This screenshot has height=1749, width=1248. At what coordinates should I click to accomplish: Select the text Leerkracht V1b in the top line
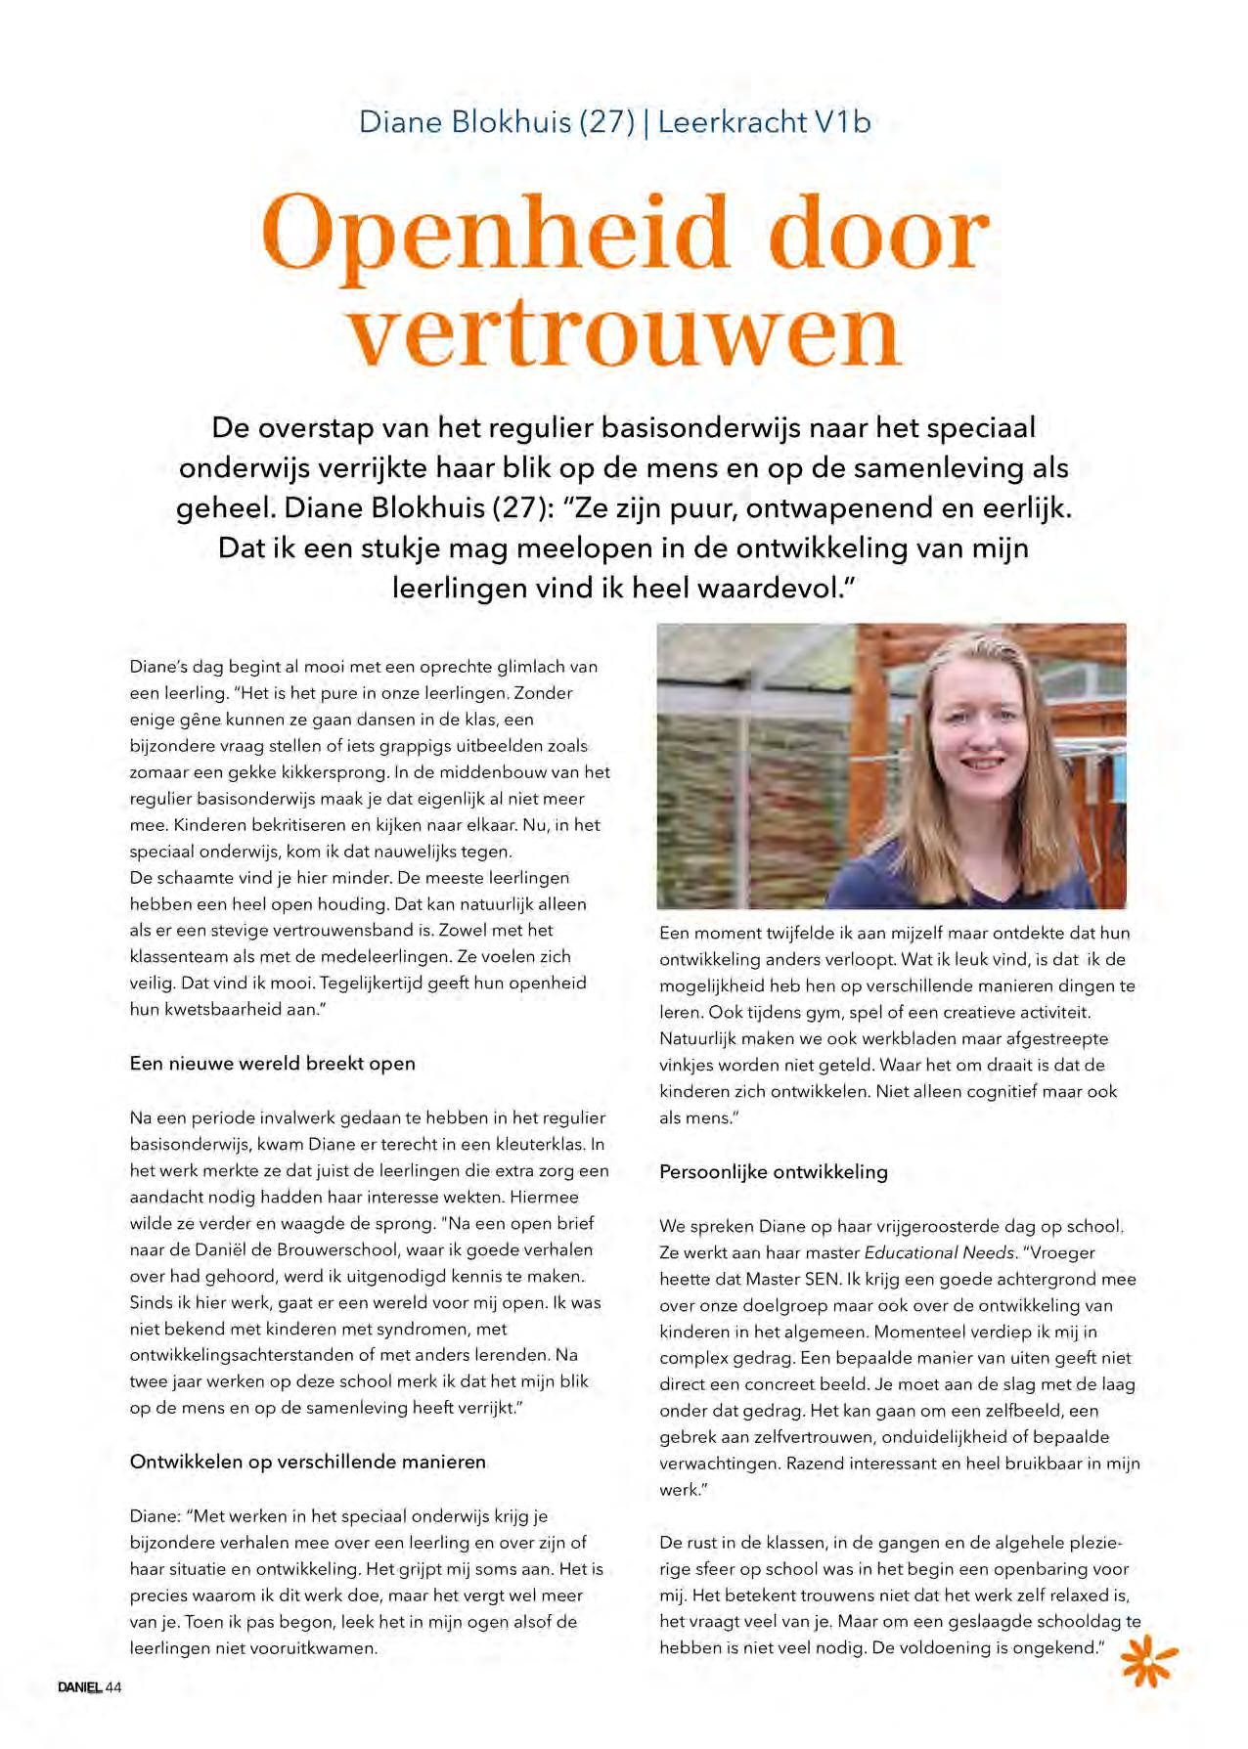pyautogui.click(x=764, y=122)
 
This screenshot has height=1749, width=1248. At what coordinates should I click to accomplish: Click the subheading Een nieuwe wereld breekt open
pyautogui.click(x=272, y=1064)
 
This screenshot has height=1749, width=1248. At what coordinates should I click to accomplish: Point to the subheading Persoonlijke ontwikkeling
pyautogui.click(x=773, y=1172)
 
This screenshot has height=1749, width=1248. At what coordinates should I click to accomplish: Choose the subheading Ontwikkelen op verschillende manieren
pyautogui.click(x=307, y=1462)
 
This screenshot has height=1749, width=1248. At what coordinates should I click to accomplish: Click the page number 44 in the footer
pyautogui.click(x=113, y=1687)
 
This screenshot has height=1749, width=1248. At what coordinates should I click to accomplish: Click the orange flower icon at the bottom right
pyautogui.click(x=1148, y=1660)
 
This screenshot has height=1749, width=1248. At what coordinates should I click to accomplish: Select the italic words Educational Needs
pyautogui.click(x=940, y=1252)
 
